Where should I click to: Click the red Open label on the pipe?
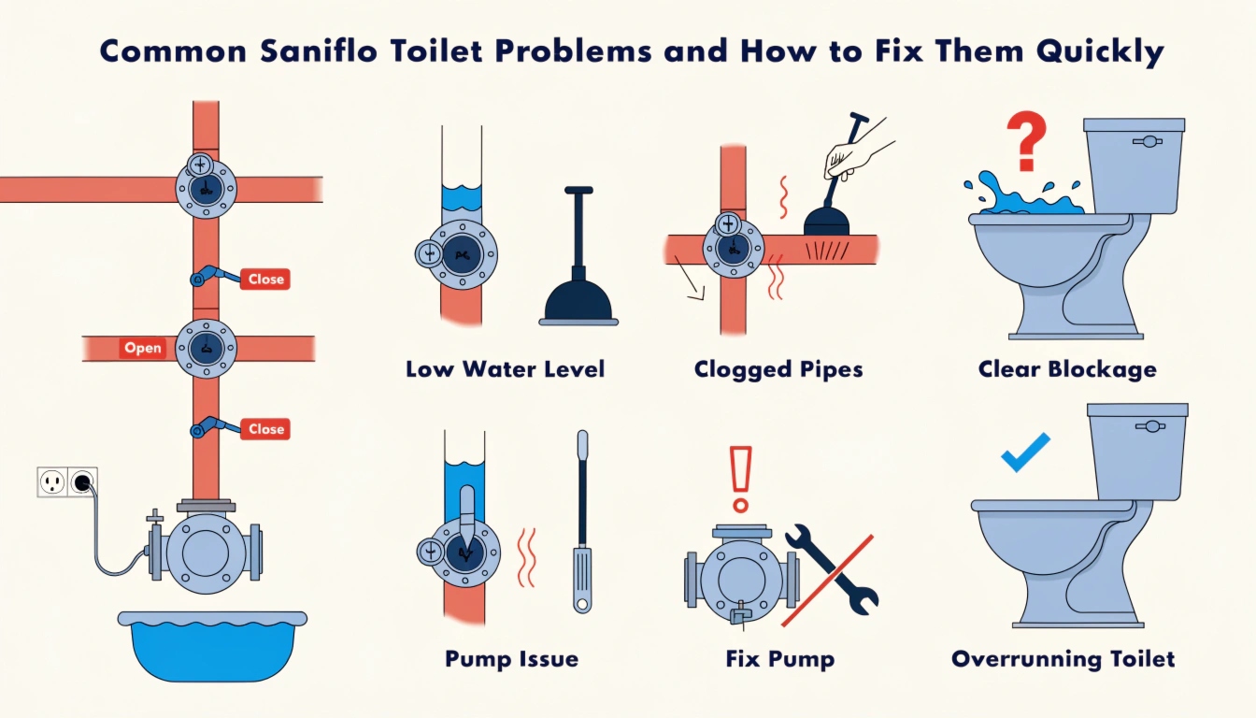click(143, 348)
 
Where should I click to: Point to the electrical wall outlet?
click(67, 482)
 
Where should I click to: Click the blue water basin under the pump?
click(213, 644)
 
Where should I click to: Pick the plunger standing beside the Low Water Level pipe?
click(578, 271)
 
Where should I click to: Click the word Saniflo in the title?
click(346, 51)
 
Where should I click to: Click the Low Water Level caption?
click(505, 369)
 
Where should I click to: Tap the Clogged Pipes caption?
click(778, 369)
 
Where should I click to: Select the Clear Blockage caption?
click(1067, 369)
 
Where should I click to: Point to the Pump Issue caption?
click(511, 659)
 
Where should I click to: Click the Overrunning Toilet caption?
click(1063, 659)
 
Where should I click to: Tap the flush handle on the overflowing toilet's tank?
click(1147, 141)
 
